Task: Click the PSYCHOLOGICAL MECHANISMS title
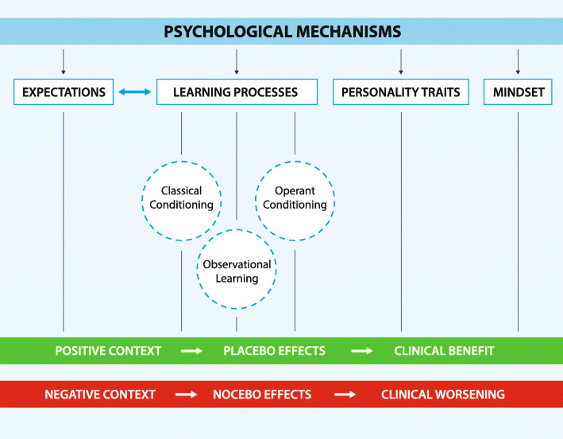[x=282, y=32]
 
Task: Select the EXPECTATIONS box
[x=64, y=93]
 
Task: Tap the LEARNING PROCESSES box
[x=237, y=93]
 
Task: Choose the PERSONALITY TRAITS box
[x=401, y=93]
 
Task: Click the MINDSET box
[x=518, y=93]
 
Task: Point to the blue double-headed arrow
[x=133, y=93]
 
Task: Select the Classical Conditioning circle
[x=181, y=198]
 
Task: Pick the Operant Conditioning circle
[x=295, y=198]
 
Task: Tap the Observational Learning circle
[x=237, y=270]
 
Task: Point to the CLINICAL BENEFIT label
[x=444, y=350]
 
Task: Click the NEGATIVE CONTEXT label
[x=99, y=394]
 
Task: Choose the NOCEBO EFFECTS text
[x=261, y=394]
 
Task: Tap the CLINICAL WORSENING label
[x=442, y=394]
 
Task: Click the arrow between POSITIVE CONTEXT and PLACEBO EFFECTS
[x=191, y=350]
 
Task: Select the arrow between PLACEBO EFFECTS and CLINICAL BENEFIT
[x=362, y=350]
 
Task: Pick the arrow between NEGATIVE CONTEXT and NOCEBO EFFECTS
[x=187, y=394]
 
